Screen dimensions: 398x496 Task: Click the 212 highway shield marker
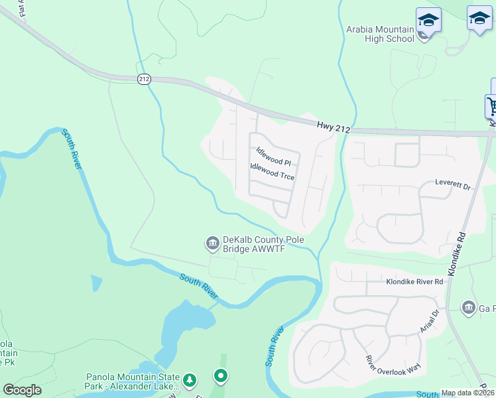pos(145,79)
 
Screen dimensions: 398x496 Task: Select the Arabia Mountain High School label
pos(380,34)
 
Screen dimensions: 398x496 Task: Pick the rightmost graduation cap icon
pos(479,19)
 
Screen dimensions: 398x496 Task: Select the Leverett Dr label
pos(453,184)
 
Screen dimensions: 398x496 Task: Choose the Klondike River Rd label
pos(414,282)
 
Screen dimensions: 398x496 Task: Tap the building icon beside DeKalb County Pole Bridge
pos(212,244)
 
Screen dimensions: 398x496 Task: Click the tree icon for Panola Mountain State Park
pos(190,380)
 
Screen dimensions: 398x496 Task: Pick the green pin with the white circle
pos(221,376)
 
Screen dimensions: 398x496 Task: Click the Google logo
pos(23,390)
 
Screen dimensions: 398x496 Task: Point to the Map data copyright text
pos(467,393)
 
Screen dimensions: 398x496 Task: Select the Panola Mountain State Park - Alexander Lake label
pos(133,381)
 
